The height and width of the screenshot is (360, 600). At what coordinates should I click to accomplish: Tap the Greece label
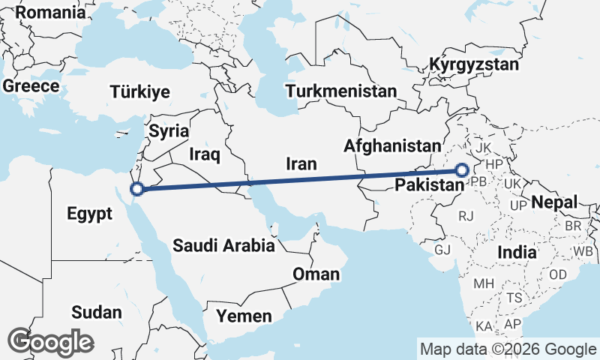tap(31, 86)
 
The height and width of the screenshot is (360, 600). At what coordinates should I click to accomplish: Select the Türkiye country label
tap(140, 92)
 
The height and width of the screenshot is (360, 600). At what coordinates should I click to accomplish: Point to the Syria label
tap(169, 130)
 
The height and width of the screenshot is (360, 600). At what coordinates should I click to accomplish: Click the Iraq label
tap(204, 154)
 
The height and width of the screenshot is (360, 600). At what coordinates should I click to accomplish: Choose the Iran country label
tap(301, 163)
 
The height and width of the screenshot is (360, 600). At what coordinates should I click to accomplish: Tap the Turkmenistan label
tap(341, 91)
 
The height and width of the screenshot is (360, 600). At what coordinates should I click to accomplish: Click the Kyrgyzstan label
tap(474, 65)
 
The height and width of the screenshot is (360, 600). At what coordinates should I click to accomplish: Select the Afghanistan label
tap(391, 145)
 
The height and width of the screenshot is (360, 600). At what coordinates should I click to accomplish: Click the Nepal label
tap(554, 202)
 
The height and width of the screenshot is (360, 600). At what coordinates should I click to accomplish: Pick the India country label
tap(517, 252)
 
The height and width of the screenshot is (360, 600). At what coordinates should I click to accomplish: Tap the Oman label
tap(316, 274)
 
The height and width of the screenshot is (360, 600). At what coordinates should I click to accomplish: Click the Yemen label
tap(244, 316)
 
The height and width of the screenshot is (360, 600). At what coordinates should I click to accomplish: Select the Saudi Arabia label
tap(223, 244)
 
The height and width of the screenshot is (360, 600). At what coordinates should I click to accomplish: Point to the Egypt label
tap(89, 214)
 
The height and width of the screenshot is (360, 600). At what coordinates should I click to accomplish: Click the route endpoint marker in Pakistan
tap(461, 170)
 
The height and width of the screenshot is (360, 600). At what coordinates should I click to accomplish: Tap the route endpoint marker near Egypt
tap(136, 188)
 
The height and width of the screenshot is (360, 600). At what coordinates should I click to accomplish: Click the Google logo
tap(50, 342)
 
